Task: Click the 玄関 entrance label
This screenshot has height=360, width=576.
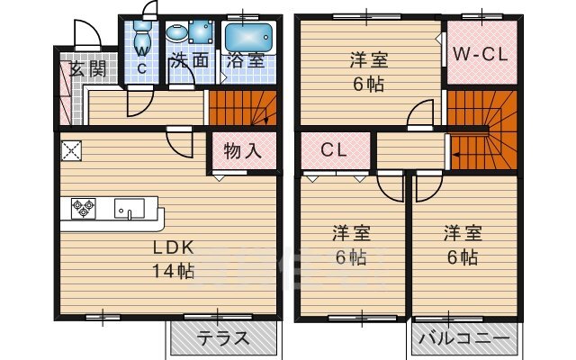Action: (x=85, y=69)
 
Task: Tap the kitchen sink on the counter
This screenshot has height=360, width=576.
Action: (x=129, y=210)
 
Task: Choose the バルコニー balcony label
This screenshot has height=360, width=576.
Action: (x=466, y=341)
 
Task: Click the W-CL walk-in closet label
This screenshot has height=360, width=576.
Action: (x=480, y=54)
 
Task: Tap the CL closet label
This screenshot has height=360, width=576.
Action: (x=334, y=150)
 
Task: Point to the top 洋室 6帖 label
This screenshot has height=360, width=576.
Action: (x=369, y=71)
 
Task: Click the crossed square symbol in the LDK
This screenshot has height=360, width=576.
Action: (x=71, y=150)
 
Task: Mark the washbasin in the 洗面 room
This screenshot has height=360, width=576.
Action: (x=177, y=34)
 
